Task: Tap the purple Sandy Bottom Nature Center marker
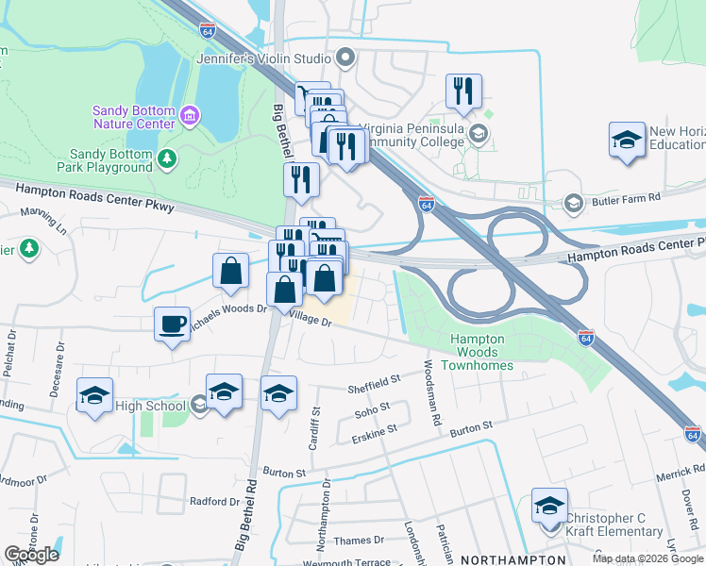coord(189,115)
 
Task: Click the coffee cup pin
coord(172,324)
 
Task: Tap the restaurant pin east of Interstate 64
coord(463,91)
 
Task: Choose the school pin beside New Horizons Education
coord(627,140)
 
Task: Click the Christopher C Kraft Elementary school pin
coord(549,505)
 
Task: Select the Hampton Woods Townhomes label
coord(481,352)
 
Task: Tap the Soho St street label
coord(371,408)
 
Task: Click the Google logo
coord(31,555)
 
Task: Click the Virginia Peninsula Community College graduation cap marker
coord(480,135)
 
